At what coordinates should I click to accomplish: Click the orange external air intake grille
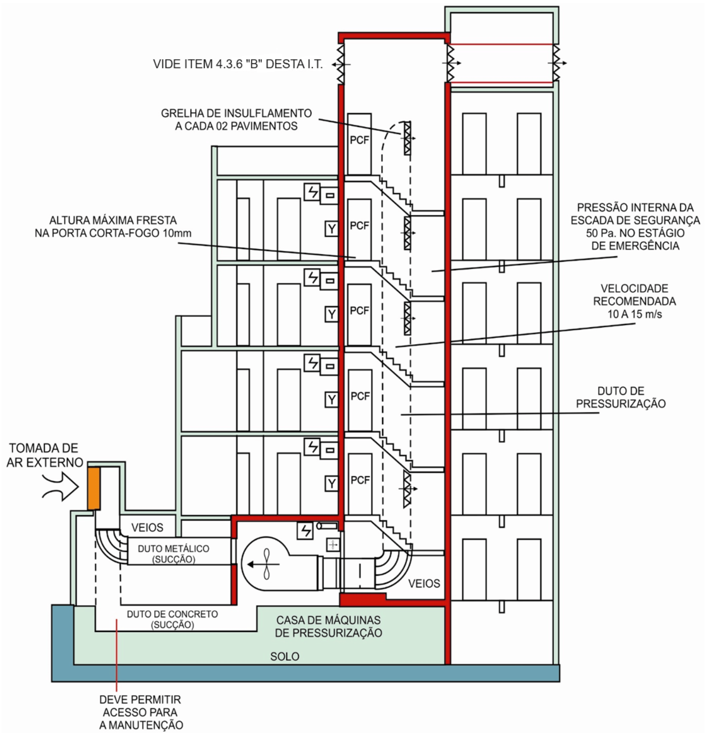[x=94, y=488]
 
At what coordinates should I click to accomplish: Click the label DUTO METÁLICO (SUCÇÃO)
[x=173, y=554]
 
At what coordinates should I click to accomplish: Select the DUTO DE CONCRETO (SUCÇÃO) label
[x=172, y=619]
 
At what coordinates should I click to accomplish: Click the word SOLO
[x=285, y=656]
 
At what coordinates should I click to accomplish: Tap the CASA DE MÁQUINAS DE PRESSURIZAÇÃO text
[x=329, y=626]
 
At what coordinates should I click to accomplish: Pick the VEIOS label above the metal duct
[x=147, y=528]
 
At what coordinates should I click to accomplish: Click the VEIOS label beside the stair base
[x=424, y=583]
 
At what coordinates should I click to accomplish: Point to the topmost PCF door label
[x=359, y=140]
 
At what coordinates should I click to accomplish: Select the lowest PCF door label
[x=360, y=480]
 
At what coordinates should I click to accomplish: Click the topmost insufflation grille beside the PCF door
[x=407, y=137]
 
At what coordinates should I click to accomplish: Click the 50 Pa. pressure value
[x=599, y=233]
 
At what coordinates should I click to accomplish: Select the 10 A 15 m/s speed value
[x=635, y=314]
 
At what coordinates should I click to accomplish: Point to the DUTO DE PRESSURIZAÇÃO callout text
[x=621, y=397]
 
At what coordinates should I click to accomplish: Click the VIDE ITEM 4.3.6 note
[x=238, y=64]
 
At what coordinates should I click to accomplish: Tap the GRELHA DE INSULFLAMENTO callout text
[x=236, y=120]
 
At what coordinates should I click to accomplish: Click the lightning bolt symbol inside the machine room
[x=305, y=530]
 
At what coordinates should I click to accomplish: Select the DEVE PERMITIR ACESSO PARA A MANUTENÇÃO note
[x=141, y=712]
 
